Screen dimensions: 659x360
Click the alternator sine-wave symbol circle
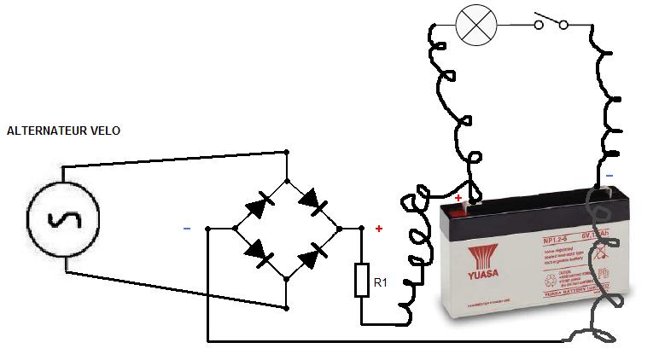(x=63, y=218)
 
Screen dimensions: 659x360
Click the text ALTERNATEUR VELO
(x=63, y=131)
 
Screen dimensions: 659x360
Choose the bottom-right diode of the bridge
(x=314, y=253)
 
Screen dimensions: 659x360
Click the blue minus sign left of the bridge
(x=186, y=229)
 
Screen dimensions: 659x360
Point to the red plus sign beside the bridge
(x=379, y=229)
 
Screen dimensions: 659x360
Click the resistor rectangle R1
(x=361, y=280)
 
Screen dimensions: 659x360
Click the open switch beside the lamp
(x=551, y=22)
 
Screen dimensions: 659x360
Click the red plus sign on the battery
(x=458, y=198)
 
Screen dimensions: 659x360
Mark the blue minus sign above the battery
(x=609, y=176)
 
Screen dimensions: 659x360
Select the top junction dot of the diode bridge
(x=287, y=179)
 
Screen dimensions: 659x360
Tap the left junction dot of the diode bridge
(x=235, y=229)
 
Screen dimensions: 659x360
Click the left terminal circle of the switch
(x=539, y=25)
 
